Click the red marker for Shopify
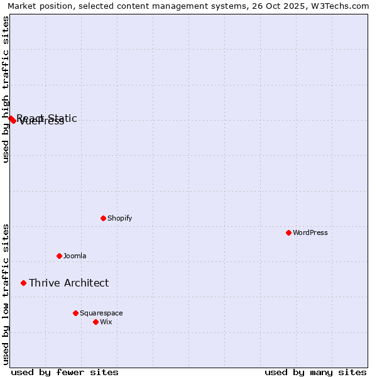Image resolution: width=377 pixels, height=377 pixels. [x=104, y=218]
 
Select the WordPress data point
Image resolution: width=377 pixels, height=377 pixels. [x=288, y=232]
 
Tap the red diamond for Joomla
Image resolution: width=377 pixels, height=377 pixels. [x=60, y=256]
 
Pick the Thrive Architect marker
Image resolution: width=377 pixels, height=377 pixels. [x=24, y=283]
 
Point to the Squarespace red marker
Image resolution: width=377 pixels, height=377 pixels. [x=75, y=313]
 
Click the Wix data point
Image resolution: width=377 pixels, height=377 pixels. [x=96, y=322]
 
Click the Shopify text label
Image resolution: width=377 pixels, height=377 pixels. [x=119, y=218]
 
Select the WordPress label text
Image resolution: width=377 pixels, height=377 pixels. [x=310, y=232]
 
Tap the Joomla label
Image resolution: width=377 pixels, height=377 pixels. [x=75, y=256]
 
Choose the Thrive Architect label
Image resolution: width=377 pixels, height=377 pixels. [x=68, y=283]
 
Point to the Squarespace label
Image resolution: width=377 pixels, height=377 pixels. [x=101, y=313]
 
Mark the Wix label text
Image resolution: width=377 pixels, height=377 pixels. [x=106, y=322]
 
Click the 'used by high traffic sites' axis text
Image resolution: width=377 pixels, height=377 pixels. [x=6, y=89]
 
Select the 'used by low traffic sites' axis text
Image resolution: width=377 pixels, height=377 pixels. [x=6, y=294]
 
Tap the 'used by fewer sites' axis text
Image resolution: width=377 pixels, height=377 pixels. [x=65, y=372]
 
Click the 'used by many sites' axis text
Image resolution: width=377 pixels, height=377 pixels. [x=315, y=372]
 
